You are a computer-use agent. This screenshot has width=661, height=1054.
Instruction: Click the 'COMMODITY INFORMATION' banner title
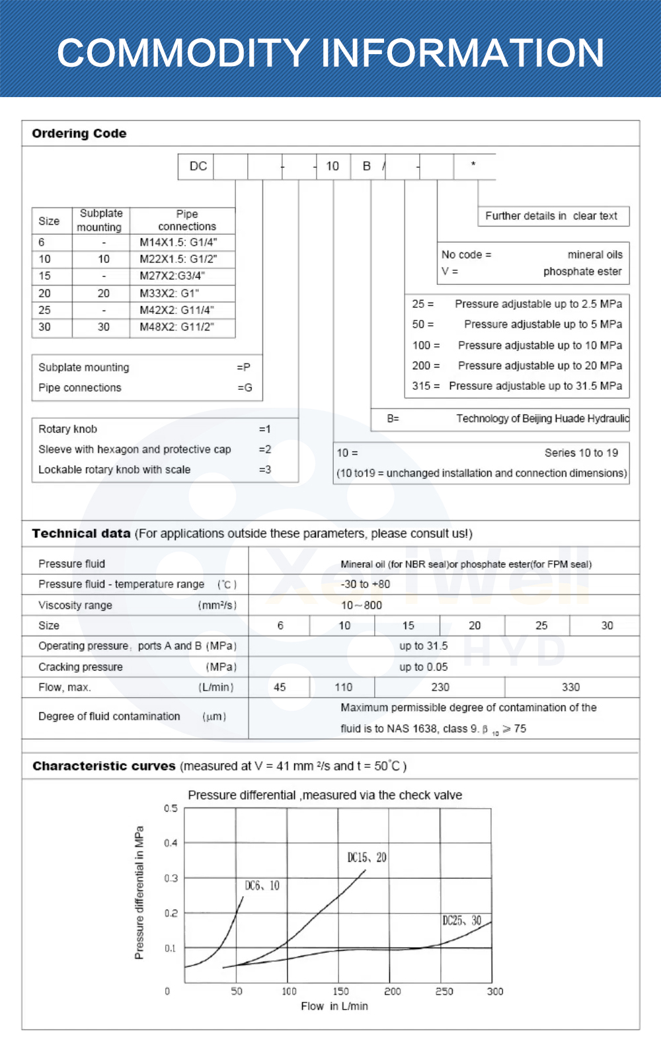point(330,53)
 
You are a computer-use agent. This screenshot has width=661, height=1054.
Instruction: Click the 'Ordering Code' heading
point(79,133)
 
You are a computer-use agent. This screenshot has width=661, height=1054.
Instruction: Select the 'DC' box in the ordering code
point(198,167)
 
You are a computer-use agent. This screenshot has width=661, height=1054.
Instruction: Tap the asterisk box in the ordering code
point(473,165)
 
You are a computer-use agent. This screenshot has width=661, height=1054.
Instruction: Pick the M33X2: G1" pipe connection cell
point(169,293)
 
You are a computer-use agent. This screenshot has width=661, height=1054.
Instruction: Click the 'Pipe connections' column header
point(186,220)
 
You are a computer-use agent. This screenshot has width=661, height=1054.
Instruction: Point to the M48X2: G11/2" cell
point(176,326)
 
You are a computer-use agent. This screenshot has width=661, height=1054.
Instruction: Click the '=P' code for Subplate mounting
point(243,367)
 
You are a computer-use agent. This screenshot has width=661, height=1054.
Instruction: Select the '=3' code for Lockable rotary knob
point(264,470)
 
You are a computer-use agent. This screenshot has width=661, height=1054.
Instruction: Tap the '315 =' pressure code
point(426,386)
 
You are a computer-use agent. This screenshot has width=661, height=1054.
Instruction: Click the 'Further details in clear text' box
point(551,216)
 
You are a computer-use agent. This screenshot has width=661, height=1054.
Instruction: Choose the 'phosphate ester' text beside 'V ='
point(582,272)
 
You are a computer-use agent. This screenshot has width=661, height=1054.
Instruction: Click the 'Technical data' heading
point(81,533)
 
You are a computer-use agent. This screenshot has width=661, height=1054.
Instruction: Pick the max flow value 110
point(344,687)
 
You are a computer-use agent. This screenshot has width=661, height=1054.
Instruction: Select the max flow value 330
point(570,687)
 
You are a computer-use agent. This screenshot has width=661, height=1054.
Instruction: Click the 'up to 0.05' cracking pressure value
point(423,667)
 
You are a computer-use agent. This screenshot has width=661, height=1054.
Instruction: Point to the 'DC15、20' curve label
point(367,858)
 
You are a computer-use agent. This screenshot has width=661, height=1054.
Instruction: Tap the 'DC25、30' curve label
point(461,921)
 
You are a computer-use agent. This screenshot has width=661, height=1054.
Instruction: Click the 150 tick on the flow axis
point(340,991)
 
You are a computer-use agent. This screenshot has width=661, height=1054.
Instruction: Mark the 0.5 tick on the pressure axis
point(171,808)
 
